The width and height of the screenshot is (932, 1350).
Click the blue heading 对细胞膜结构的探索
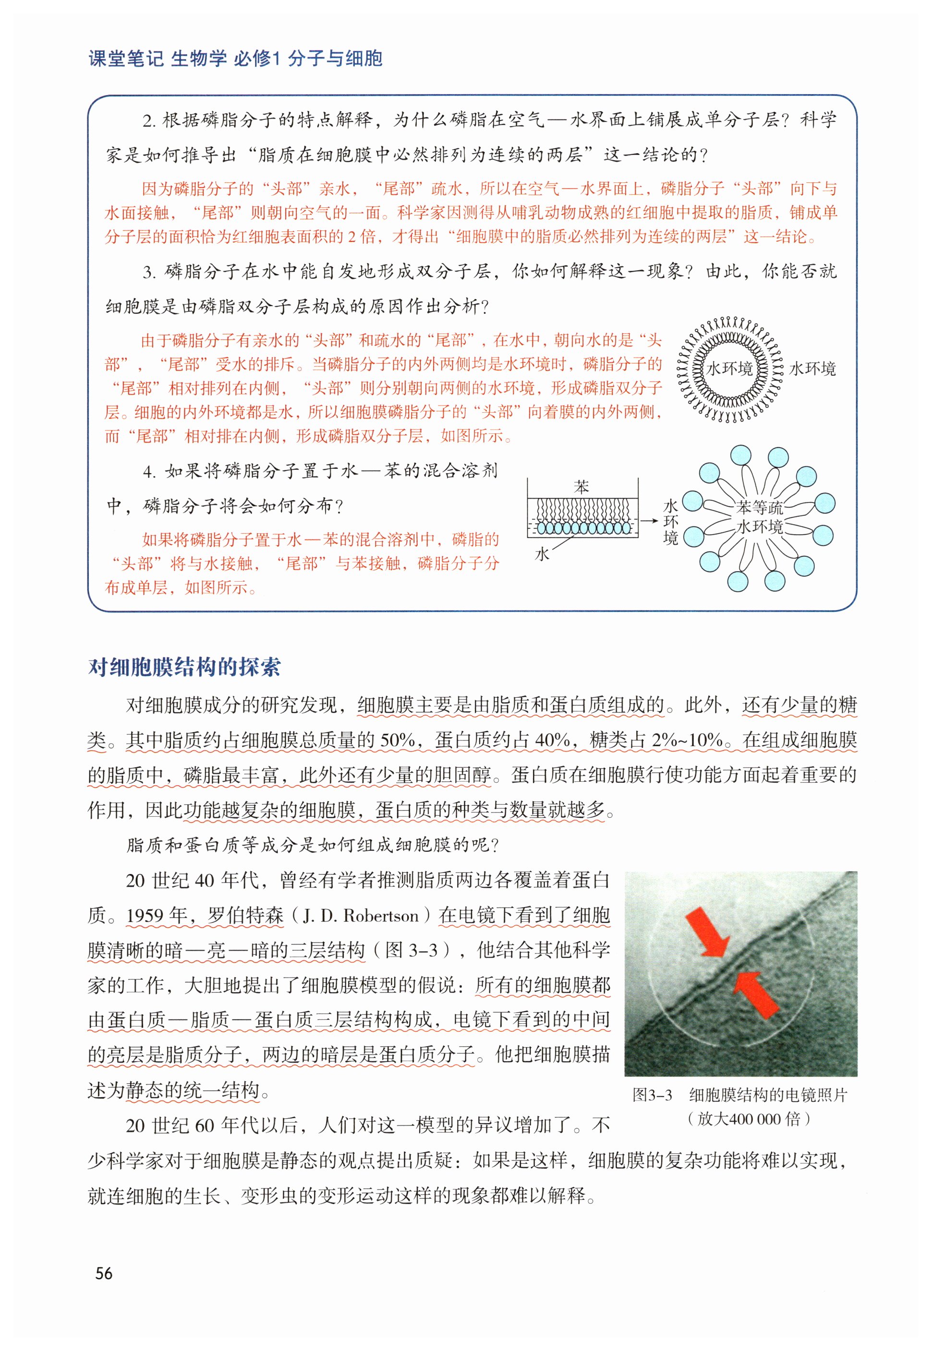pyautogui.click(x=184, y=667)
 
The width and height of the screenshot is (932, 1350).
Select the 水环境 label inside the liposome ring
pyautogui.click(x=729, y=369)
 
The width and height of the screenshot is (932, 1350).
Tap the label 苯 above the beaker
pyautogui.click(x=581, y=487)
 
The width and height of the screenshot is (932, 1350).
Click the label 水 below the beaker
pyautogui.click(x=542, y=554)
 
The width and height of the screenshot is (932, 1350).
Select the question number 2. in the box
pyautogui.click(x=149, y=121)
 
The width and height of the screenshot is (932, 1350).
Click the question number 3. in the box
pyautogui.click(x=149, y=272)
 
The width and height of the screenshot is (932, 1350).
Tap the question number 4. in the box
pyautogui.click(x=149, y=472)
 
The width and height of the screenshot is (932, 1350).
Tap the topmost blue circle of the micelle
pyautogui.click(x=741, y=456)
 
